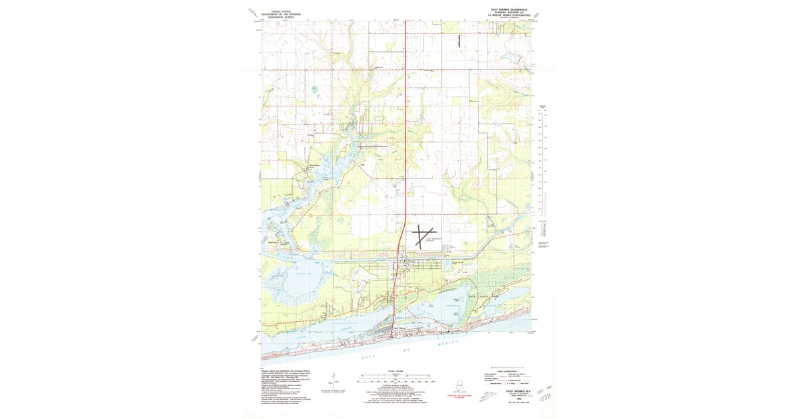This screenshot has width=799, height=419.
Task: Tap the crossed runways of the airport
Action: click(421, 236)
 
